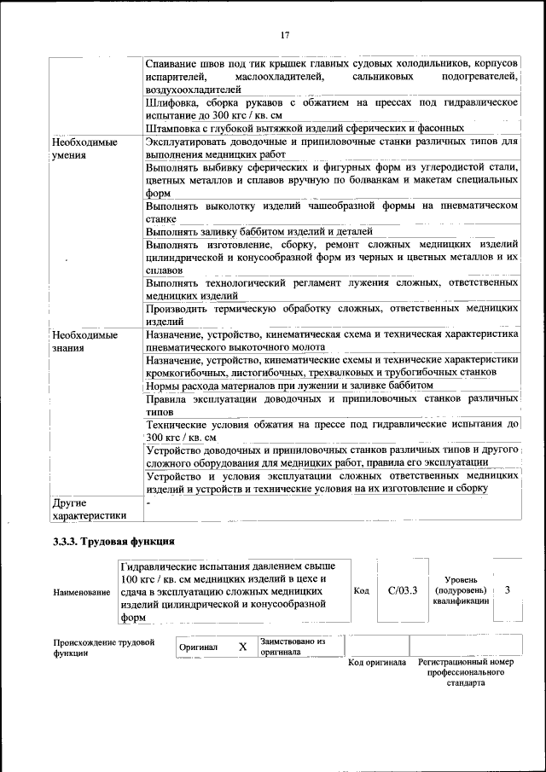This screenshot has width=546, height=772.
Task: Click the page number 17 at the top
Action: coord(285,35)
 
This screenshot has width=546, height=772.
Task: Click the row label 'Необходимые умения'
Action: coord(84,148)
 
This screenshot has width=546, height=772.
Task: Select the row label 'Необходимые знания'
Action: coord(84,341)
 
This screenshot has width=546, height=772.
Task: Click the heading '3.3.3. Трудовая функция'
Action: coord(113,542)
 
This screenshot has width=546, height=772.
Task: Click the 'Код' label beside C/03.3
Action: coord(360,590)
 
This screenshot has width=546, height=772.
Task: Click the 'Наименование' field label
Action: coord(81,593)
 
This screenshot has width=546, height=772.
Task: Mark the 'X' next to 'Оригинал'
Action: coord(242,647)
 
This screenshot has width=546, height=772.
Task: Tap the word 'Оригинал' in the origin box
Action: coord(198,647)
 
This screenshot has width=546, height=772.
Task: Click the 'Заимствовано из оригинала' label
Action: coord(293,647)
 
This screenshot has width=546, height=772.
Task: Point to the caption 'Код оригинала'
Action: coord(377,663)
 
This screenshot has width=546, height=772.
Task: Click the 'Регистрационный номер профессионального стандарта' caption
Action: coord(466,672)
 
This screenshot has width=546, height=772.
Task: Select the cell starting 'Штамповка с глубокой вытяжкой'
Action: coord(305,127)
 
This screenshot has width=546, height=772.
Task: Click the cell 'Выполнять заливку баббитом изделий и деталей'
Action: coord(259,231)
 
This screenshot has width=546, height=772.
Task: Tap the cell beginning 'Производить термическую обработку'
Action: coord(332,315)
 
